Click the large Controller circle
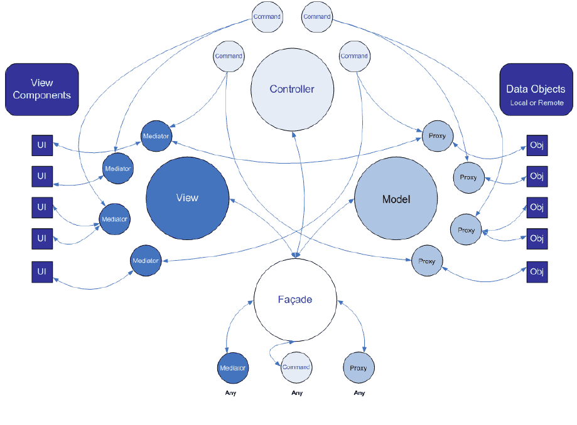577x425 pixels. click(292, 89)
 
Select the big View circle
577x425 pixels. click(187, 198)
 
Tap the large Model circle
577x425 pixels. click(396, 199)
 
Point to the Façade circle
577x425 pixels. click(295, 300)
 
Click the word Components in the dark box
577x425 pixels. click(42, 95)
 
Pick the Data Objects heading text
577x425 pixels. click(536, 89)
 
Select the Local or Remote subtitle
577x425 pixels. click(537, 103)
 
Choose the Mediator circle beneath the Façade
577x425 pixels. click(233, 368)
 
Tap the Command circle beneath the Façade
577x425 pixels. click(296, 368)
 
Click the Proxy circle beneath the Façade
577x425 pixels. click(359, 368)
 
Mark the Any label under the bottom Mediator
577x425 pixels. click(230, 394)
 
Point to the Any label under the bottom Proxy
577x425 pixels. click(359, 394)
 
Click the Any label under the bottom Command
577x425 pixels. click(297, 394)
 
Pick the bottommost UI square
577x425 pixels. click(42, 272)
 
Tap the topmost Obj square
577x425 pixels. click(537, 145)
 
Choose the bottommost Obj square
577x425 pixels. click(537, 272)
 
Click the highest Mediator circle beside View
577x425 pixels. click(156, 136)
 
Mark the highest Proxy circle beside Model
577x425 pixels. click(437, 136)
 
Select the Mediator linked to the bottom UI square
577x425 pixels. click(146, 260)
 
